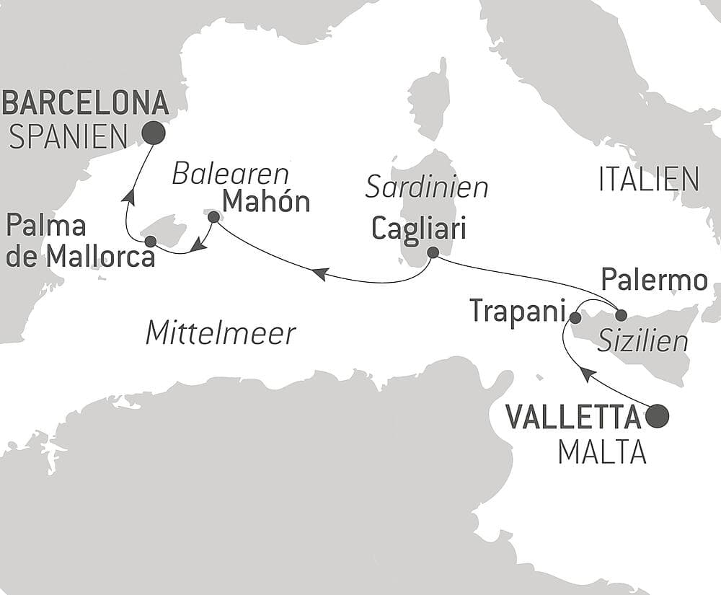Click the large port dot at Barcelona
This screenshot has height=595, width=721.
[153, 133]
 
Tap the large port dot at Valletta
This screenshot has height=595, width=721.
[657, 416]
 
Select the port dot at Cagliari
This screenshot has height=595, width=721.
[433, 253]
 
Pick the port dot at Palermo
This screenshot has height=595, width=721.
[621, 314]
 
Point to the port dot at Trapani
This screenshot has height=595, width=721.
[575, 317]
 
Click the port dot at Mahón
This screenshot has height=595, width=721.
[213, 216]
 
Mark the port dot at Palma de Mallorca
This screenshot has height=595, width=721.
[150, 241]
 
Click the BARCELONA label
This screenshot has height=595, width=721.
[85, 103]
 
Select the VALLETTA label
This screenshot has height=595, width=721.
[573, 416]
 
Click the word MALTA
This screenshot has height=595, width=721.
[602, 452]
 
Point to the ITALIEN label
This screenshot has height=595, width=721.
[649, 180]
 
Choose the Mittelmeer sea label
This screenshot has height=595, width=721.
[221, 333]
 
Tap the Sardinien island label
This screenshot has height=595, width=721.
[427, 188]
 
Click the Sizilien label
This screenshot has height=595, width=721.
[642, 340]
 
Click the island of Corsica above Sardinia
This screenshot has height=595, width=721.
[430, 101]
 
